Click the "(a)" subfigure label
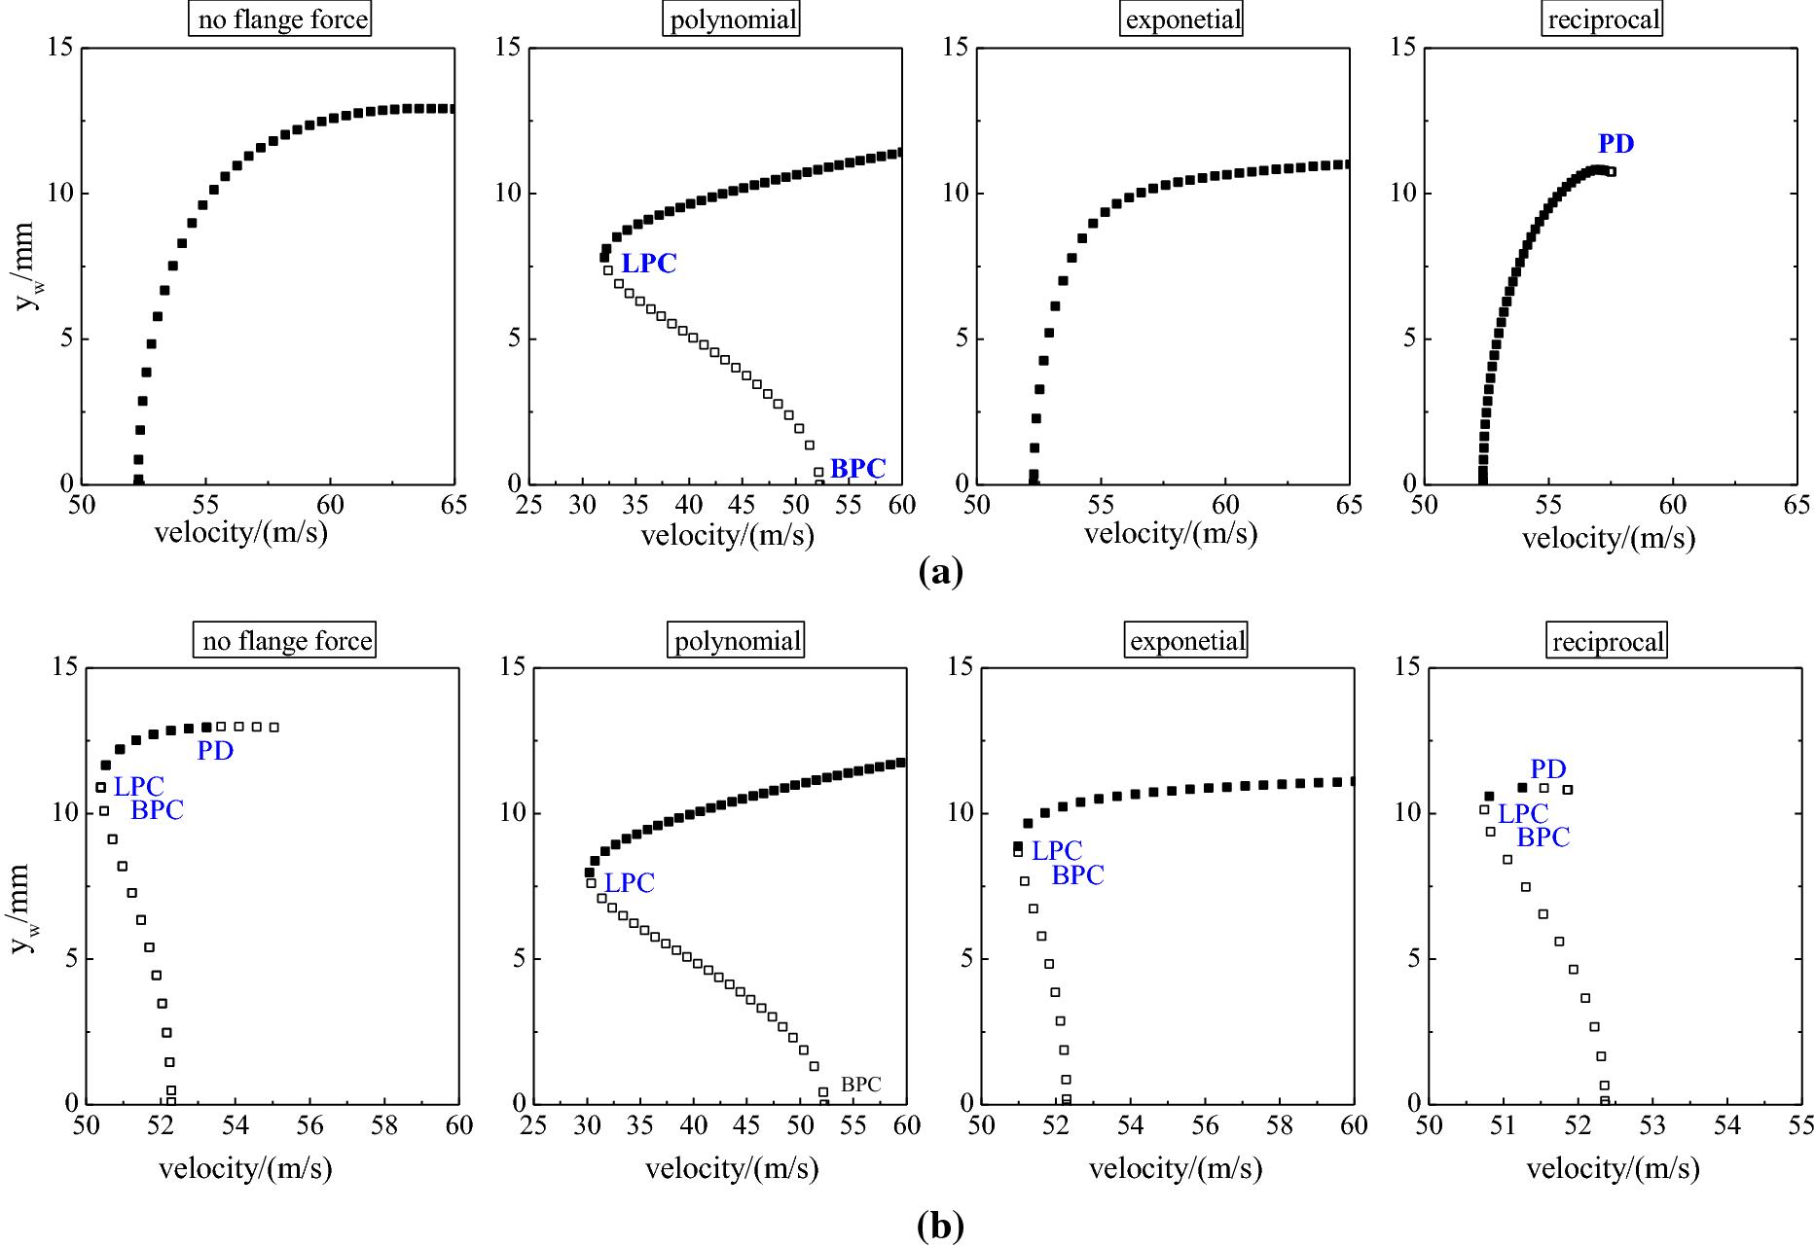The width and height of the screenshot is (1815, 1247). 940,571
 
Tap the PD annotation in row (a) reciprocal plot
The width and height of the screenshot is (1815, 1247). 1615,144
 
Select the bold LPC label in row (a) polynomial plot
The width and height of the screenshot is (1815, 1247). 648,264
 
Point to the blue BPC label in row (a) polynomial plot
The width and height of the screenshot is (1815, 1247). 857,469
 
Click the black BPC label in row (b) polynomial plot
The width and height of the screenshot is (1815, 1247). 860,1085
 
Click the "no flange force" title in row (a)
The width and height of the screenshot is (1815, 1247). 282,20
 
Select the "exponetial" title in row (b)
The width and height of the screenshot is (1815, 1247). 1187,641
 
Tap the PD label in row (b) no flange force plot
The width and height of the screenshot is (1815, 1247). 215,750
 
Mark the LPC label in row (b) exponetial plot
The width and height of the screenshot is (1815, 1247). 1056,851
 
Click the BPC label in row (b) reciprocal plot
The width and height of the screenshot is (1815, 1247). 1543,837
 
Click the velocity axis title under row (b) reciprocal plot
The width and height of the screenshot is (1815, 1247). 1613,1168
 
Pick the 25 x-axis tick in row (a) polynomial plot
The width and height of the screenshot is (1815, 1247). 528,506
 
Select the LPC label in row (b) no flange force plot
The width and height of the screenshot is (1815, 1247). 139,787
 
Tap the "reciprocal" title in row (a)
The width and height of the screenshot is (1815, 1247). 1603,20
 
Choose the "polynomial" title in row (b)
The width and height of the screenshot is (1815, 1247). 737,641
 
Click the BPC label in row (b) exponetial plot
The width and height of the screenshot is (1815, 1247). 1077,875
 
